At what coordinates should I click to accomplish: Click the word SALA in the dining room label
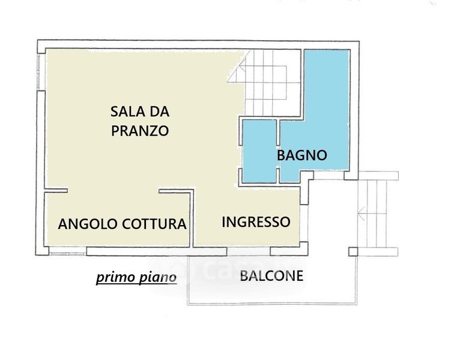pyautogui.click(x=126, y=112)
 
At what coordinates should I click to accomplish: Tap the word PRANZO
pyautogui.click(x=140, y=131)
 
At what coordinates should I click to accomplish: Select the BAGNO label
pyautogui.click(x=302, y=155)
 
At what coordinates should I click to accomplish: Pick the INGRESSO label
pyautogui.click(x=256, y=222)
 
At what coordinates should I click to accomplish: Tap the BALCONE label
pyautogui.click(x=271, y=276)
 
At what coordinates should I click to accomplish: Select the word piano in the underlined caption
pyautogui.click(x=158, y=277)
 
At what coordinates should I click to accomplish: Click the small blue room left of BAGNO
pyautogui.click(x=259, y=151)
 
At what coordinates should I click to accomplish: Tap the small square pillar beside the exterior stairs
pyautogui.click(x=353, y=252)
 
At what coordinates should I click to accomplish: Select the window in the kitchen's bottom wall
pyautogui.click(x=68, y=251)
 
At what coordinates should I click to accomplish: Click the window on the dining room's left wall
pyautogui.click(x=39, y=71)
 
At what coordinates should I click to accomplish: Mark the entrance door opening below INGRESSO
pyautogui.click(x=249, y=251)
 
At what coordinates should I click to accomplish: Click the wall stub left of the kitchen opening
pyautogui.click(x=56, y=191)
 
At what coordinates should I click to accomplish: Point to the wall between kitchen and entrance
pyautogui.click(x=192, y=218)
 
